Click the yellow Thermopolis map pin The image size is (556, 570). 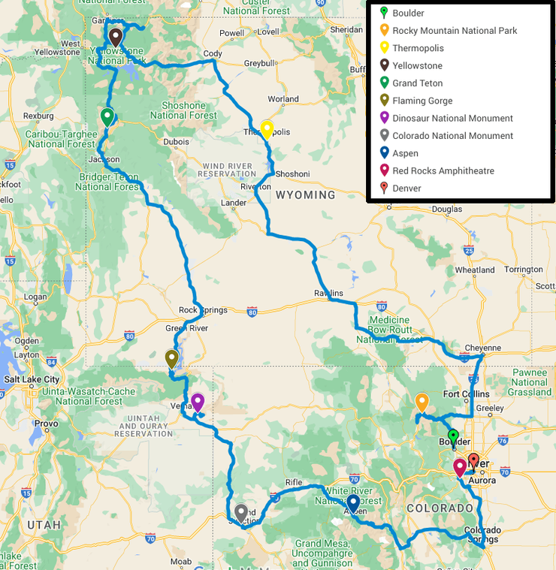pyautogui.click(x=266, y=128)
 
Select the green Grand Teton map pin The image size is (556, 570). pyautogui.click(x=107, y=116)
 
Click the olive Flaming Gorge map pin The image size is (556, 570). pyautogui.click(x=172, y=358)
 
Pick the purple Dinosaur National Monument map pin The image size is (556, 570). pyautogui.click(x=198, y=402)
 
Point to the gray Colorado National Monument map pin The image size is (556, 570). pyautogui.click(x=241, y=512)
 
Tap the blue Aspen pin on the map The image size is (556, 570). pyautogui.click(x=352, y=502)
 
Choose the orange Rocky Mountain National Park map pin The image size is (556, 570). pyautogui.click(x=422, y=402)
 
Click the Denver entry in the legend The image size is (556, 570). pyautogui.click(x=406, y=188)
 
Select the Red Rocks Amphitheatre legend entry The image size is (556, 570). pyautogui.click(x=443, y=171)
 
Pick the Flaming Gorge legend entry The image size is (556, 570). pyautogui.click(x=422, y=101)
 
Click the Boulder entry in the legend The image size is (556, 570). pyautogui.click(x=407, y=14)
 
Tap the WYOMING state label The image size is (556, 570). pyautogui.click(x=305, y=195)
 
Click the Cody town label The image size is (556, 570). pyautogui.click(x=213, y=54)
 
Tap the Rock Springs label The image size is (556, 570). pyautogui.click(x=198, y=310)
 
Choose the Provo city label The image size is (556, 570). pyautogui.click(x=46, y=424)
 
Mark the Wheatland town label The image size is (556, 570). pyautogui.click(x=474, y=270)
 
